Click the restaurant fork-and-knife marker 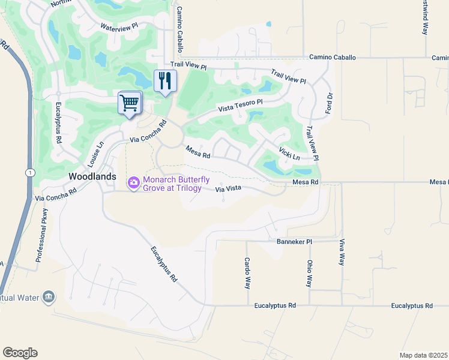tap(165, 80)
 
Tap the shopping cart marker tap(130, 103)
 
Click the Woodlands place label tap(92, 176)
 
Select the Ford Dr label tap(328, 104)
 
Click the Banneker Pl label tap(294, 241)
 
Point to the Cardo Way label tap(247, 273)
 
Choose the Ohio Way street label tap(310, 273)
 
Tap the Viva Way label tap(342, 251)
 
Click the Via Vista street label tap(228, 189)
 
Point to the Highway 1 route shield tap(29, 172)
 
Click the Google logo tap(20, 353)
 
